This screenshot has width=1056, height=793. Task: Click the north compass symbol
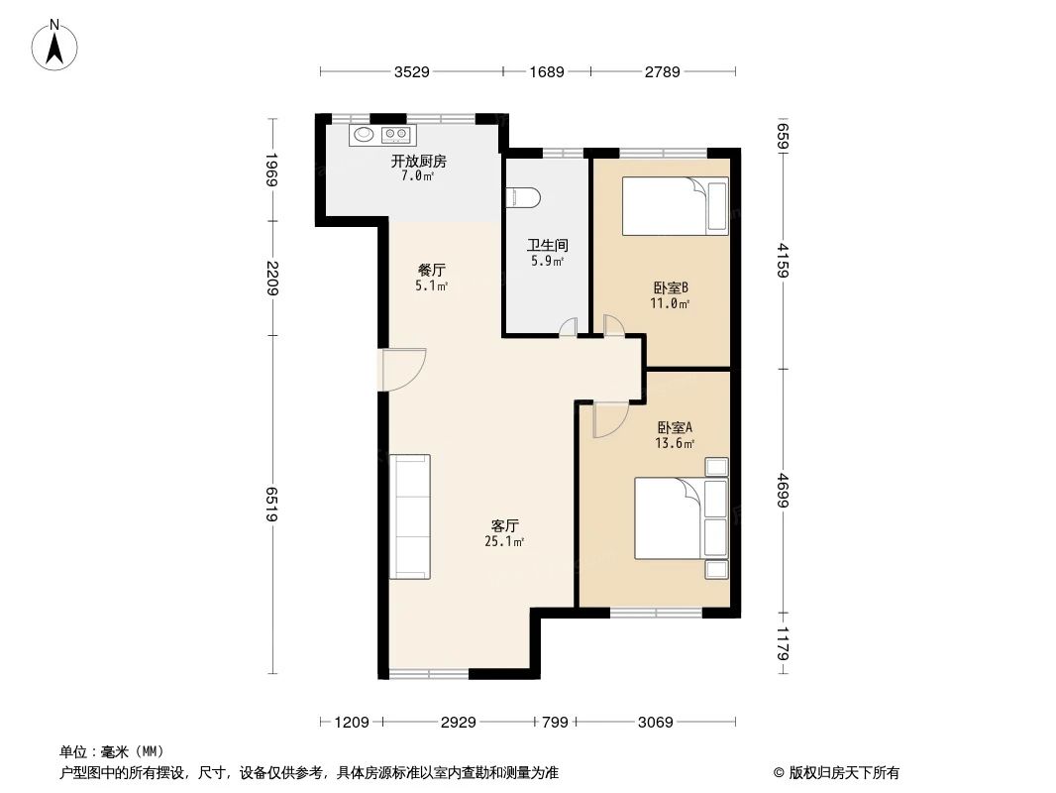[56, 45]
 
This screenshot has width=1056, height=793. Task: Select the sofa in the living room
[410, 516]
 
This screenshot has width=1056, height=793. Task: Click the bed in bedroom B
[675, 206]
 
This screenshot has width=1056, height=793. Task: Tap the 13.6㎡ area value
[675, 444]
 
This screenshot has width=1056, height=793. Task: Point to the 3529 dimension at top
[411, 72]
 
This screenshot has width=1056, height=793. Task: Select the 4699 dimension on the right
[783, 490]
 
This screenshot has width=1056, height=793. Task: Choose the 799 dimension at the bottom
[555, 723]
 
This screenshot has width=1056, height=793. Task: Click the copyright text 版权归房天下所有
[836, 773]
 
